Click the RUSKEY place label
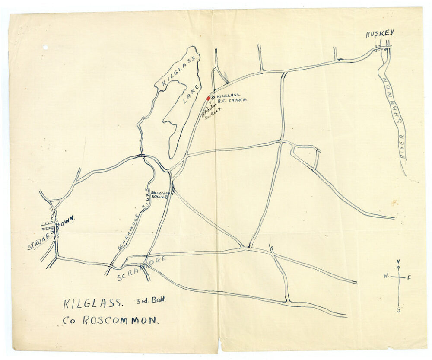coord(381,34)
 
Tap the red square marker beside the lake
coord(208,98)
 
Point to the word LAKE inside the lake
coord(190,94)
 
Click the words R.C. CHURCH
coord(232,101)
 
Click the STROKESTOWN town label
coord(51,234)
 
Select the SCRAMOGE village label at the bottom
coord(141,268)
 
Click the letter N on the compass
coord(398,262)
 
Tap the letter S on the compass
coord(398,309)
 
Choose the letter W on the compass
coord(385,276)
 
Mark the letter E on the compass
coord(409,277)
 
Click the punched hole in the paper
coord(45,47)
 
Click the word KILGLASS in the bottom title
coord(93,303)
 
